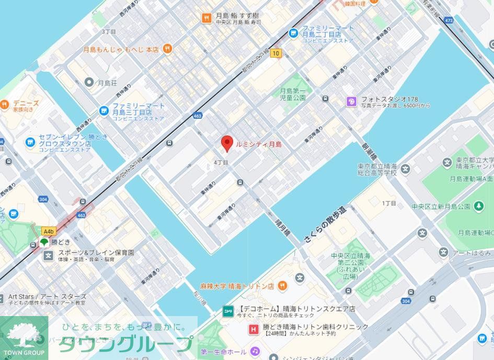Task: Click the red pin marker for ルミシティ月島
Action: coord(227,143)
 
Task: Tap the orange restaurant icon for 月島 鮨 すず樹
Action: coord(207,18)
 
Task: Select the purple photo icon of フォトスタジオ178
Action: coord(352,102)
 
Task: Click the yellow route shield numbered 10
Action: coord(276,53)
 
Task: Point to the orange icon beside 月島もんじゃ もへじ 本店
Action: coord(167,49)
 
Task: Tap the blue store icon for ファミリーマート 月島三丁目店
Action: coord(104,110)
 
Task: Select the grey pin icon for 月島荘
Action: coord(89,82)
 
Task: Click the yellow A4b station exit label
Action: coord(49,231)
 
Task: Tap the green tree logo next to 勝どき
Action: coord(44,242)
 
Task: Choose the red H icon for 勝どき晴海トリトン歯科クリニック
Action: coord(253,329)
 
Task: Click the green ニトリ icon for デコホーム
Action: coord(228,309)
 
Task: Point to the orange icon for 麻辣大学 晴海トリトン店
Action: coord(282,286)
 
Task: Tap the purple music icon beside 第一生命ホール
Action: coord(255,351)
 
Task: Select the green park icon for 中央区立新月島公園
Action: coord(479,206)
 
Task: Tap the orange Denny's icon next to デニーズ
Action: coord(4,104)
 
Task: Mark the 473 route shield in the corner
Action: coord(449,20)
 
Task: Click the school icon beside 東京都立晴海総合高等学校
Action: coord(406,168)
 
